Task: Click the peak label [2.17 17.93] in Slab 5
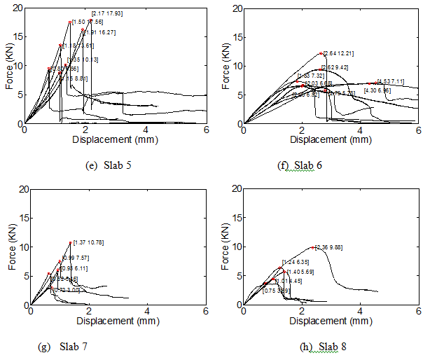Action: click(108, 14)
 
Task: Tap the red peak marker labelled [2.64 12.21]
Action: click(321, 53)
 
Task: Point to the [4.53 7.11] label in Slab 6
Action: click(391, 81)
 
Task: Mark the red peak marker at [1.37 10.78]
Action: click(71, 243)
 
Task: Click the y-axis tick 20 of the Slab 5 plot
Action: click(18, 8)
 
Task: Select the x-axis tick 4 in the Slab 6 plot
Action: click(360, 129)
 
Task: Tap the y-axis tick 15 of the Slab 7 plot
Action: click(18, 218)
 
